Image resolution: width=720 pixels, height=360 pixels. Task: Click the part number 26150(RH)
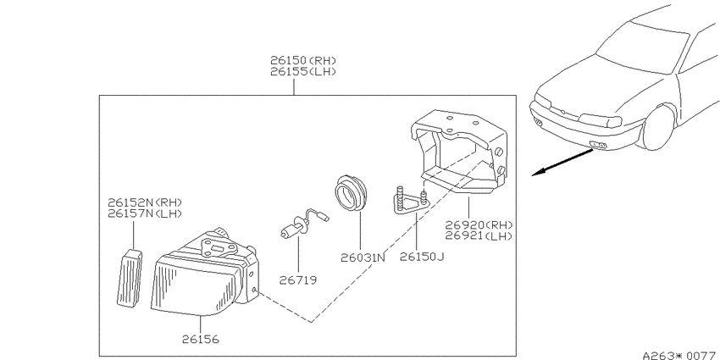click(x=303, y=60)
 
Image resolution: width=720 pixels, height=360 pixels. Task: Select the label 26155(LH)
click(x=303, y=72)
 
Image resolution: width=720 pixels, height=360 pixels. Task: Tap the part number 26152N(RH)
click(x=145, y=202)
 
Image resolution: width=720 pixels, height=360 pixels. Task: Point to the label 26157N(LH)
click(x=145, y=213)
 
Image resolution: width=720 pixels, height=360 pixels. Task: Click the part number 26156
click(x=201, y=340)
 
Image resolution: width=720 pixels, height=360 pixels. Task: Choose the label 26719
click(x=298, y=280)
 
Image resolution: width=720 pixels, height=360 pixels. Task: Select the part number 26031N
click(x=363, y=258)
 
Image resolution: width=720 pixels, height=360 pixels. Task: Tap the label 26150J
click(x=422, y=257)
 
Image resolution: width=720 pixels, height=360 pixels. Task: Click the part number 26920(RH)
click(x=479, y=225)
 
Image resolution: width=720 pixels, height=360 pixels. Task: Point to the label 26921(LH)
click(x=479, y=236)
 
